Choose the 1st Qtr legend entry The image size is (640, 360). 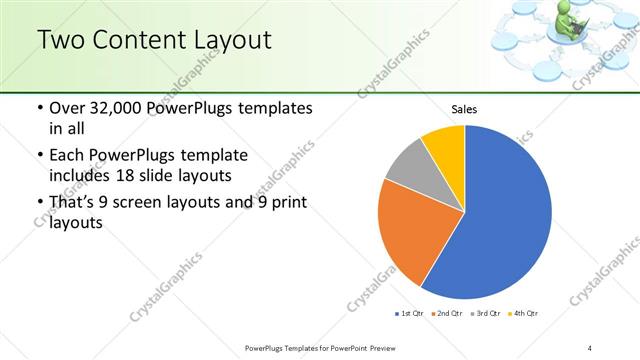point(410,314)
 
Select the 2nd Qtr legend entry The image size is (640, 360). point(447,314)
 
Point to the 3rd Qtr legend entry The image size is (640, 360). point(486,314)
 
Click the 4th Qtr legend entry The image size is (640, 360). point(524,314)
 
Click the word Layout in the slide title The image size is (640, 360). point(231,40)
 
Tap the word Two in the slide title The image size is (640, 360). point(61,40)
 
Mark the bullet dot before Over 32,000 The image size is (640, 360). point(38,108)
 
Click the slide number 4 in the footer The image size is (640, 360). point(589,348)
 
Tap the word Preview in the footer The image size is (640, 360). point(378,348)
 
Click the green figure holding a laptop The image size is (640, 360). point(576,22)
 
